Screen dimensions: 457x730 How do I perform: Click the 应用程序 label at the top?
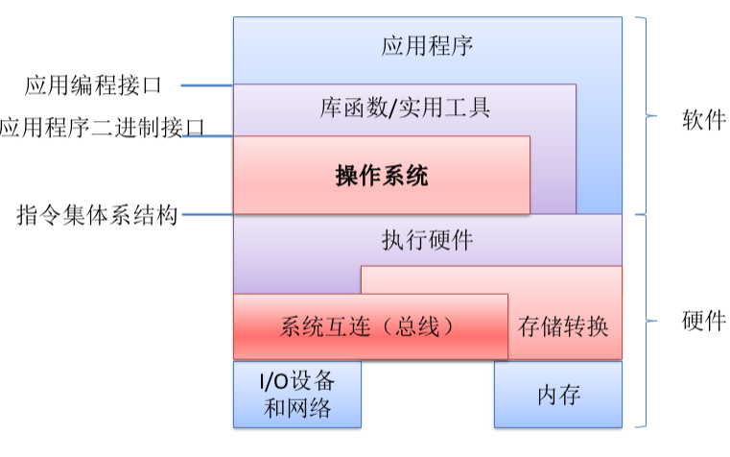pyautogui.click(x=427, y=45)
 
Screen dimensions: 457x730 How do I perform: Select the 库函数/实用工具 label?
pyautogui.click(x=405, y=108)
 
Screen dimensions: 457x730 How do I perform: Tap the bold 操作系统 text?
pyautogui.click(x=382, y=176)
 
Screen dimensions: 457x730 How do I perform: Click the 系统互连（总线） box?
pyautogui.click(x=369, y=326)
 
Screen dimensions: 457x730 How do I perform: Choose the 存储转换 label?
pyautogui.click(x=563, y=326)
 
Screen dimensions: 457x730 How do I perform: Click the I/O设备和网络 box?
pyautogui.click(x=297, y=394)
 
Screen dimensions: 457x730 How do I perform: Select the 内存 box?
pyautogui.click(x=557, y=395)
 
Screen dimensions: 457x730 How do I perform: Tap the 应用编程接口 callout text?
pyautogui.click(x=93, y=86)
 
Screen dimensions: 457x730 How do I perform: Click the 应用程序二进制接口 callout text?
pyautogui.click(x=102, y=129)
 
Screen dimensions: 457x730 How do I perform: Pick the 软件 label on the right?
pyautogui.click(x=703, y=120)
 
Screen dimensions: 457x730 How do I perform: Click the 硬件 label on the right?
pyautogui.click(x=703, y=320)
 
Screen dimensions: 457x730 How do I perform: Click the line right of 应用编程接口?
pyautogui.click(x=206, y=86)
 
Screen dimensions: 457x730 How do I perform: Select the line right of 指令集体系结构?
pyautogui.click(x=207, y=214)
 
